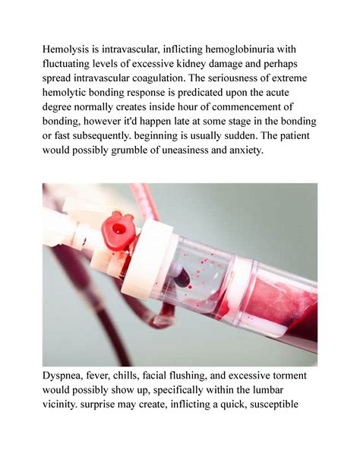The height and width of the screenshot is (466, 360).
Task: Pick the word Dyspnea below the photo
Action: pyautogui.click(x=69, y=379)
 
